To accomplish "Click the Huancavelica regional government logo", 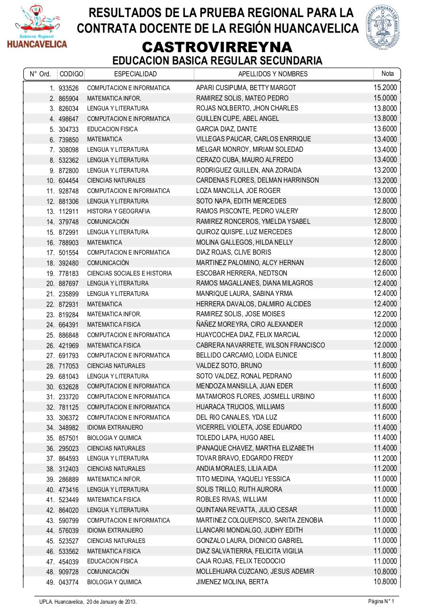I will [x=37, y=27].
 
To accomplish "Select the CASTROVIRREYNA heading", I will [x=217, y=47].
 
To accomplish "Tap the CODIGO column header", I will [x=71, y=74].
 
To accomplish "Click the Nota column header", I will [x=387, y=74].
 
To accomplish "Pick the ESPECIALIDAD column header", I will [x=135, y=74].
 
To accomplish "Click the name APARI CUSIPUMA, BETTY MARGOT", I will [x=246, y=88].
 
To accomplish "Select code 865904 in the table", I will [x=69, y=99].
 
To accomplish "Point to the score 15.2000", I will [x=385, y=87].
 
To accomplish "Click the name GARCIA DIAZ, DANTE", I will [x=226, y=129].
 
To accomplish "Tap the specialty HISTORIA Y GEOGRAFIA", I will [x=119, y=212].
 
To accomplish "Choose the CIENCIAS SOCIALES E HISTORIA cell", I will [x=129, y=274].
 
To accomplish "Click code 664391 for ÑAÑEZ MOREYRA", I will [x=69, y=325].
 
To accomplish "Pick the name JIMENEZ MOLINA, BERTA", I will [x=232, y=582].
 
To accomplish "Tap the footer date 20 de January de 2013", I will [x=111, y=602].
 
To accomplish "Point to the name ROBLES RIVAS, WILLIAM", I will [x=231, y=499].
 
